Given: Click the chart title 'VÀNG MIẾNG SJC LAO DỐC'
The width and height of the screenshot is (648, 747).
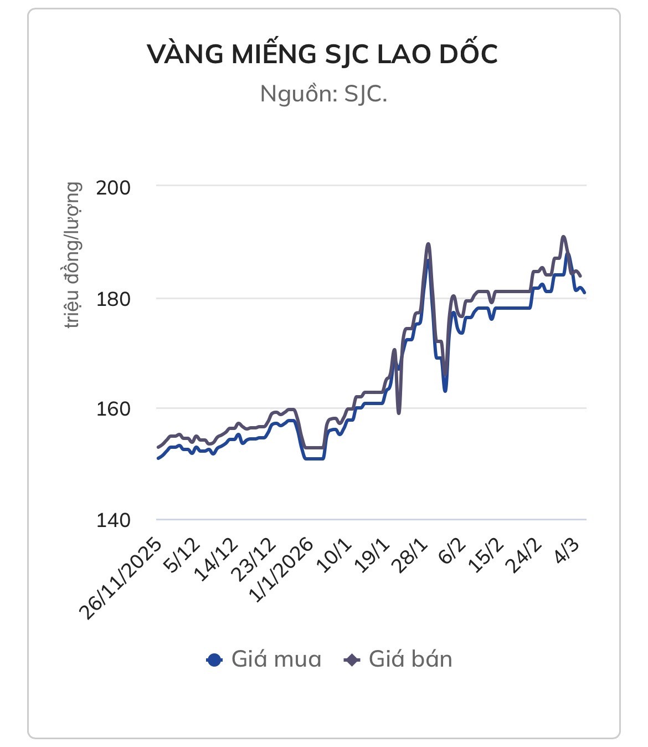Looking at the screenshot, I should pos(323,54).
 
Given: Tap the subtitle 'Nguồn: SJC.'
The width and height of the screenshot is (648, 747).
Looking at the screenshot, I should pos(323,94).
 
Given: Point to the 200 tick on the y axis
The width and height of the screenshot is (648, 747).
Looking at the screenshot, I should pos(114,187).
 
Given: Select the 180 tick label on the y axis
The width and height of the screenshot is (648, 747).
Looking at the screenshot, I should pos(114,299).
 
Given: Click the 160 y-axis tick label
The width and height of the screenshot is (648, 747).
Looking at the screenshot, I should pos(114,410).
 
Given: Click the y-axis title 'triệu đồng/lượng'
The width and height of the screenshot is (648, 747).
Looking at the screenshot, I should pos(73,255).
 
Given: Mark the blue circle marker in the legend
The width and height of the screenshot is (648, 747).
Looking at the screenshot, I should pos(214,660).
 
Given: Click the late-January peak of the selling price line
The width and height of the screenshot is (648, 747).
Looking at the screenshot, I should pos(428,244).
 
